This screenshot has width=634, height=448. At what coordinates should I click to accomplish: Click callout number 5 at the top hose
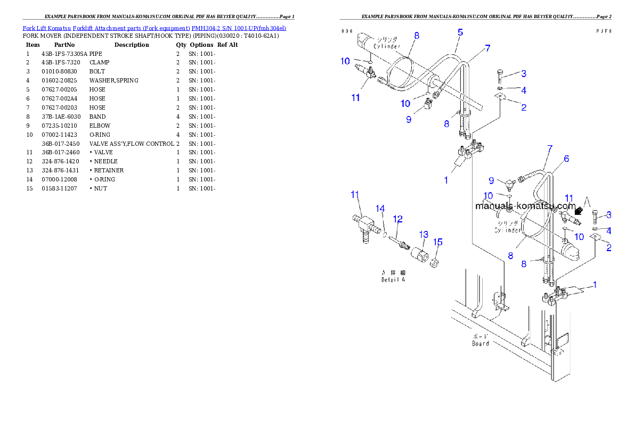point(460,32)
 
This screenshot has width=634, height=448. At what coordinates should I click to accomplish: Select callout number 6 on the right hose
point(566,159)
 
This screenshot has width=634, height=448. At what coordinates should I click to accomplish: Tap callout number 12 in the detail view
point(397,219)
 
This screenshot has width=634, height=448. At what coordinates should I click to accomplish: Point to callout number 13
point(424,234)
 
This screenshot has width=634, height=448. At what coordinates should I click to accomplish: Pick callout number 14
point(380,209)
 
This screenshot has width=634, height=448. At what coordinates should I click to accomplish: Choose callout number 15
point(437,242)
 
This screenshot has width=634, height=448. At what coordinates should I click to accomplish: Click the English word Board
point(480,344)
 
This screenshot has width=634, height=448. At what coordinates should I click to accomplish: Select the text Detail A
point(393,280)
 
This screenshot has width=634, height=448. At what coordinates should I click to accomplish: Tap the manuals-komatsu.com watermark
point(525,206)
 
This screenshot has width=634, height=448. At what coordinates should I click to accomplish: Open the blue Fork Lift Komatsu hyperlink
point(154,28)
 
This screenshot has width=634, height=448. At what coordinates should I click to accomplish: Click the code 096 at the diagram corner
point(347,31)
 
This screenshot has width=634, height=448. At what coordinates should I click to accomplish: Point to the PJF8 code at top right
point(603,31)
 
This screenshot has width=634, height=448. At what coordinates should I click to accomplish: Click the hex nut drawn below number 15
point(435,262)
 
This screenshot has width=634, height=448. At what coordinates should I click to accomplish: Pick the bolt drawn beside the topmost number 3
point(500,75)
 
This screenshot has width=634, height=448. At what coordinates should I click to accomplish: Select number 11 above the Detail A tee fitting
point(355,195)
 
